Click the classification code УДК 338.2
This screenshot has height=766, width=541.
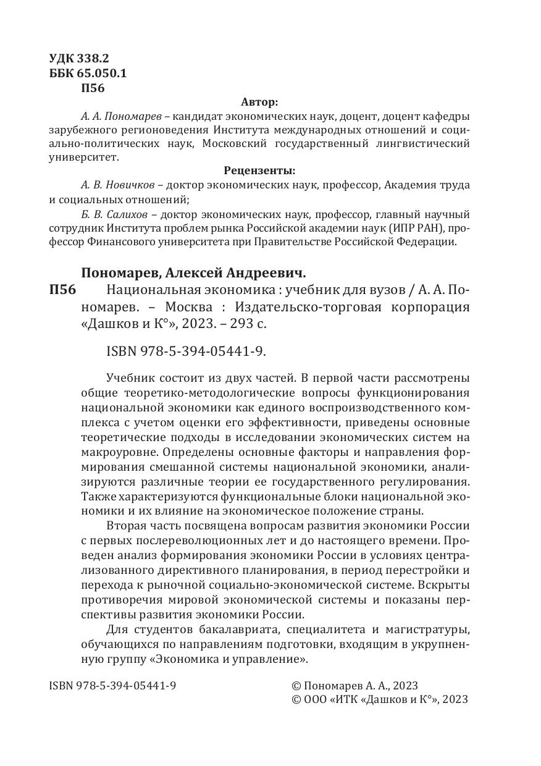tap(78, 59)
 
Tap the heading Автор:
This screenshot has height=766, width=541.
tap(259, 101)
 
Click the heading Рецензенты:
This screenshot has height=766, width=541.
tap(259, 170)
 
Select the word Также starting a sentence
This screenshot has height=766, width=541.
tap(96, 497)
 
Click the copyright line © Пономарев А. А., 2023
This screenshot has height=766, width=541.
tap(354, 686)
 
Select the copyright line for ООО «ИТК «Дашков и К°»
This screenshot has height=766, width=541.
tap(379, 700)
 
